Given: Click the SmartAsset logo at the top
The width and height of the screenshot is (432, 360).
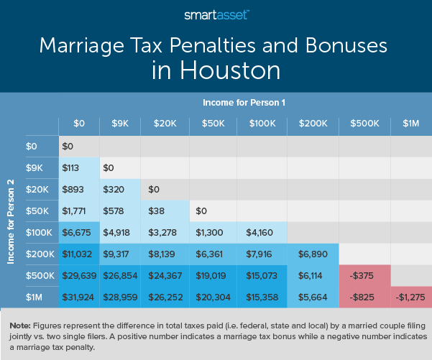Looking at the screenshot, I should click(216, 14).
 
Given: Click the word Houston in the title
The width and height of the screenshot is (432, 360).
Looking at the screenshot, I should click(216, 72).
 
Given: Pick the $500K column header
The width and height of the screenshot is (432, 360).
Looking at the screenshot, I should click(364, 124).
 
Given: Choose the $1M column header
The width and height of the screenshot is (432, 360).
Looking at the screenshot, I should click(410, 124).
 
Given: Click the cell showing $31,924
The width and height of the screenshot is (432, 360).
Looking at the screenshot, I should click(78, 296).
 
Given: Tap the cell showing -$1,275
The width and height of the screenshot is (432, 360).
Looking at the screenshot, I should click(410, 296).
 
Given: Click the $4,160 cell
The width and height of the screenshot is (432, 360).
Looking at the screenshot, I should click(262, 232).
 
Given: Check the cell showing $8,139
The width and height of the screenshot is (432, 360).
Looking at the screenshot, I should click(165, 254).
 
